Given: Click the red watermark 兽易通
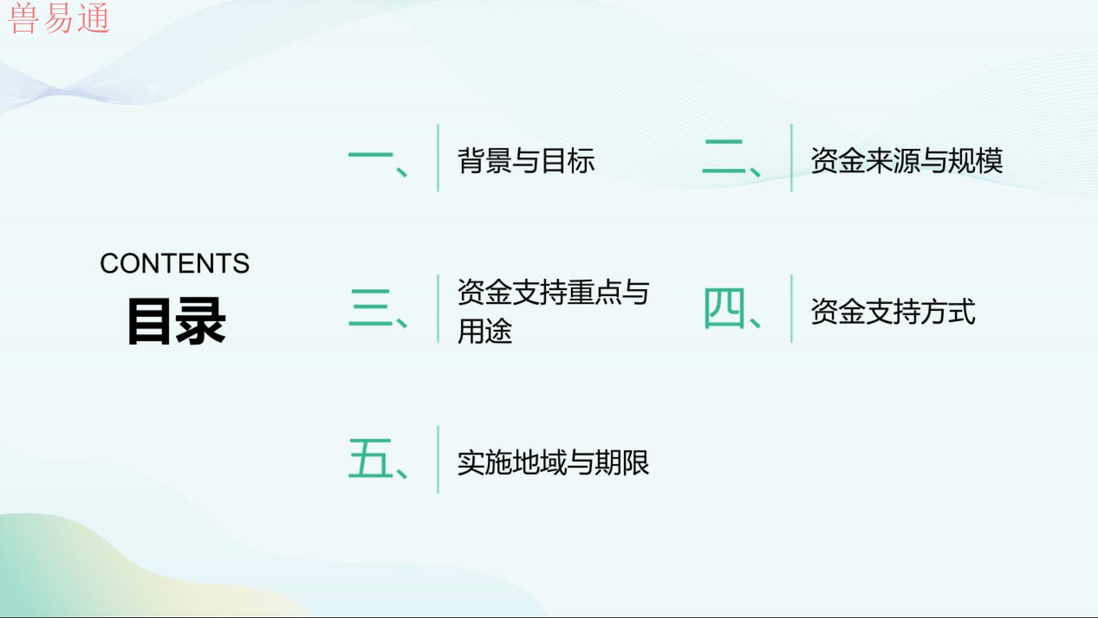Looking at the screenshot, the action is coord(59,19).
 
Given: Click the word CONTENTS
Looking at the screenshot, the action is coord(175,263).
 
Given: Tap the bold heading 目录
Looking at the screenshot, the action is coord(177,322).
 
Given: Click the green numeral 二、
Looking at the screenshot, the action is coord(731,157).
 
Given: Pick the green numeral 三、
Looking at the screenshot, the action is coord(378,308).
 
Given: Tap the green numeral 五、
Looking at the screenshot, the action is coord(378,459).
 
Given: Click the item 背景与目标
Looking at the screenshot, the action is coord(526,160).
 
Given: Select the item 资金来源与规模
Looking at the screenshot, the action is coord(907,160).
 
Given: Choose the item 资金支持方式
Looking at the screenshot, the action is coord(893,311).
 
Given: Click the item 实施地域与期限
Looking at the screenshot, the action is coord(553,462).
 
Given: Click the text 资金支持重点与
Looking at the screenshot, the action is coord(553,292).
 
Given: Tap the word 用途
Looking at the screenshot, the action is coord(484,331).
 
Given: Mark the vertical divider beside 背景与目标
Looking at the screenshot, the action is coord(437,157).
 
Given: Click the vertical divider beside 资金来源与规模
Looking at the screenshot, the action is coord(792,157).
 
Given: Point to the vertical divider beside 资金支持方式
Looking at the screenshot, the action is coord(792,309).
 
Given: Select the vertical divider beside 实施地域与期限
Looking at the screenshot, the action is coord(437,459).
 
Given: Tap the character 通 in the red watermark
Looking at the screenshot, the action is coord(93,19).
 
